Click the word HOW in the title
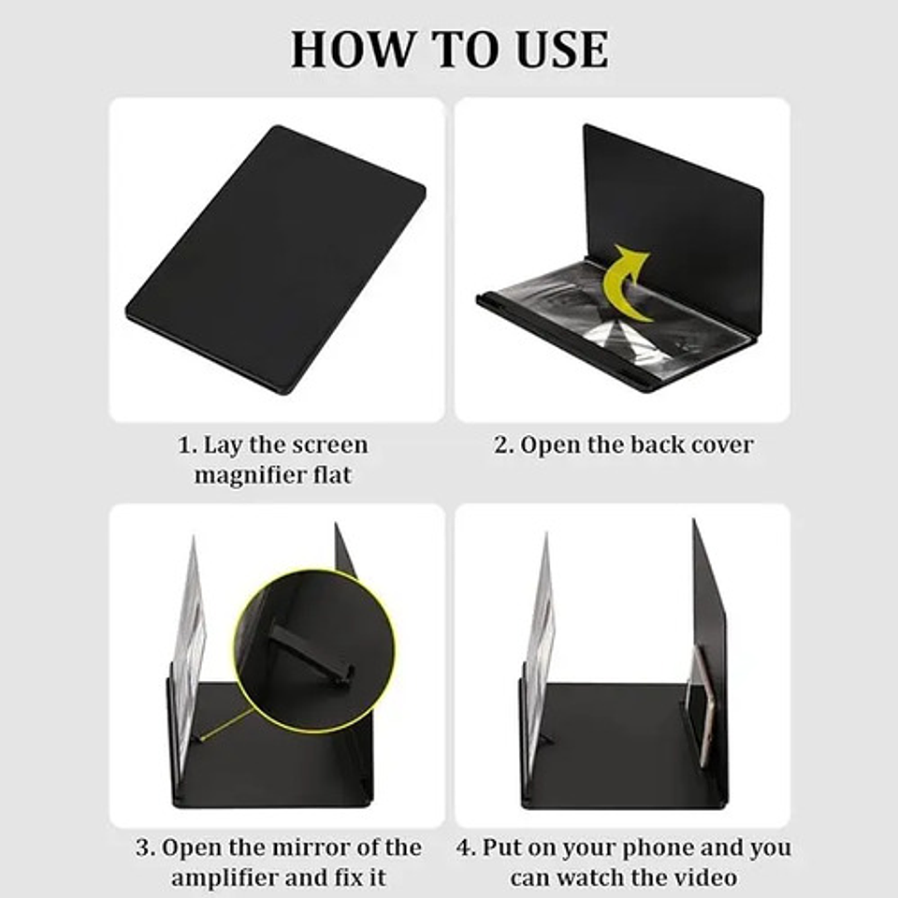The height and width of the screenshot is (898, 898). [352, 50]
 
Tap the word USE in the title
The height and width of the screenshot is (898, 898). [562, 50]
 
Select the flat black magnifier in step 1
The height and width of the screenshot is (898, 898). [275, 259]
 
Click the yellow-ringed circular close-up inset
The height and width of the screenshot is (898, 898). [314, 651]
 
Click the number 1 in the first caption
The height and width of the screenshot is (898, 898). [184, 445]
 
